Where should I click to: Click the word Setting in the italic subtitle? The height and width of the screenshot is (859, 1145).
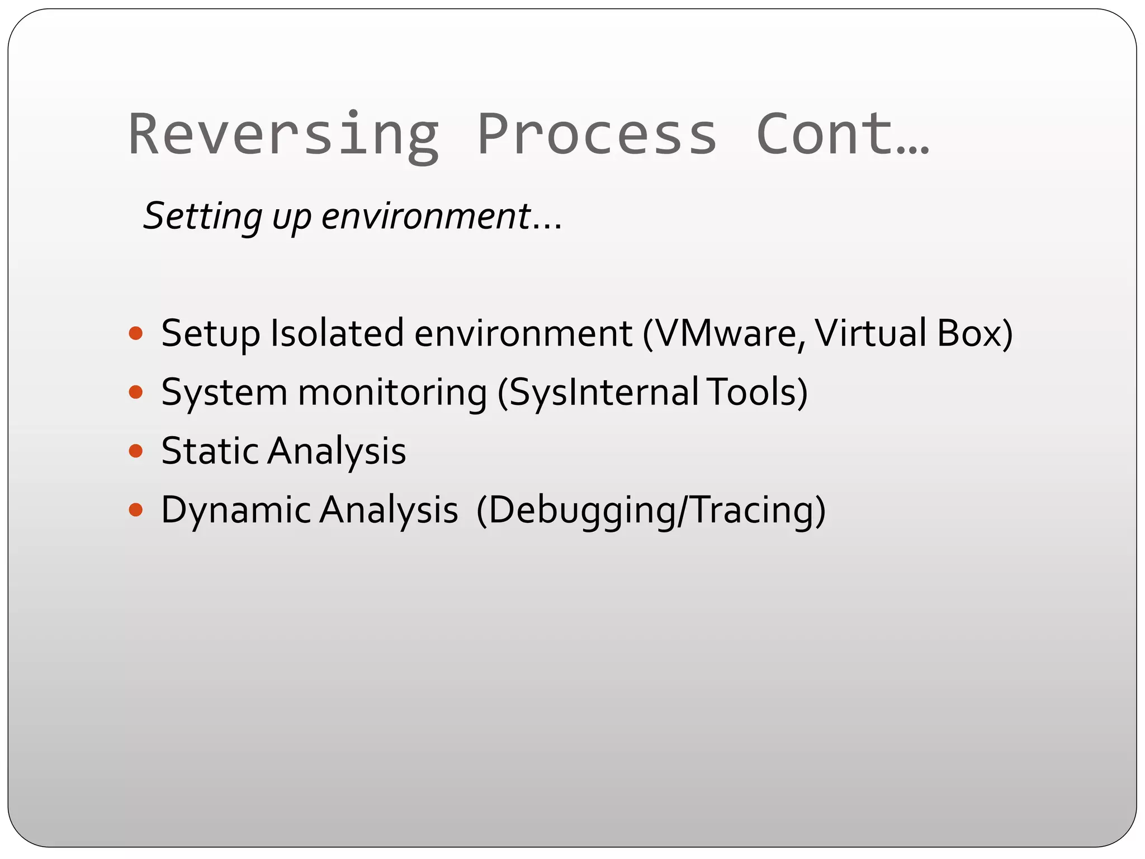pyautogui.click(x=202, y=216)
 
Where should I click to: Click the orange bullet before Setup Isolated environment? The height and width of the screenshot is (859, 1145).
pyautogui.click(x=136, y=334)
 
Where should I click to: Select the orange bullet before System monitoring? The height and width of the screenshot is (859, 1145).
pyautogui.click(x=136, y=393)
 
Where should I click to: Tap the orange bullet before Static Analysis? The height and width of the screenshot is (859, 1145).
pyautogui.click(x=136, y=451)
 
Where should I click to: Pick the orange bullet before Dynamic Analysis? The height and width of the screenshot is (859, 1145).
pyautogui.click(x=136, y=510)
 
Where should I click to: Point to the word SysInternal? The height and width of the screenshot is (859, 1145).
pyautogui.click(x=598, y=393)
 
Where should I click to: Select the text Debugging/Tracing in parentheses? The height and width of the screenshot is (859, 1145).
pyautogui.click(x=651, y=510)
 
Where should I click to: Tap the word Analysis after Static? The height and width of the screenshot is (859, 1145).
pyautogui.click(x=337, y=451)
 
